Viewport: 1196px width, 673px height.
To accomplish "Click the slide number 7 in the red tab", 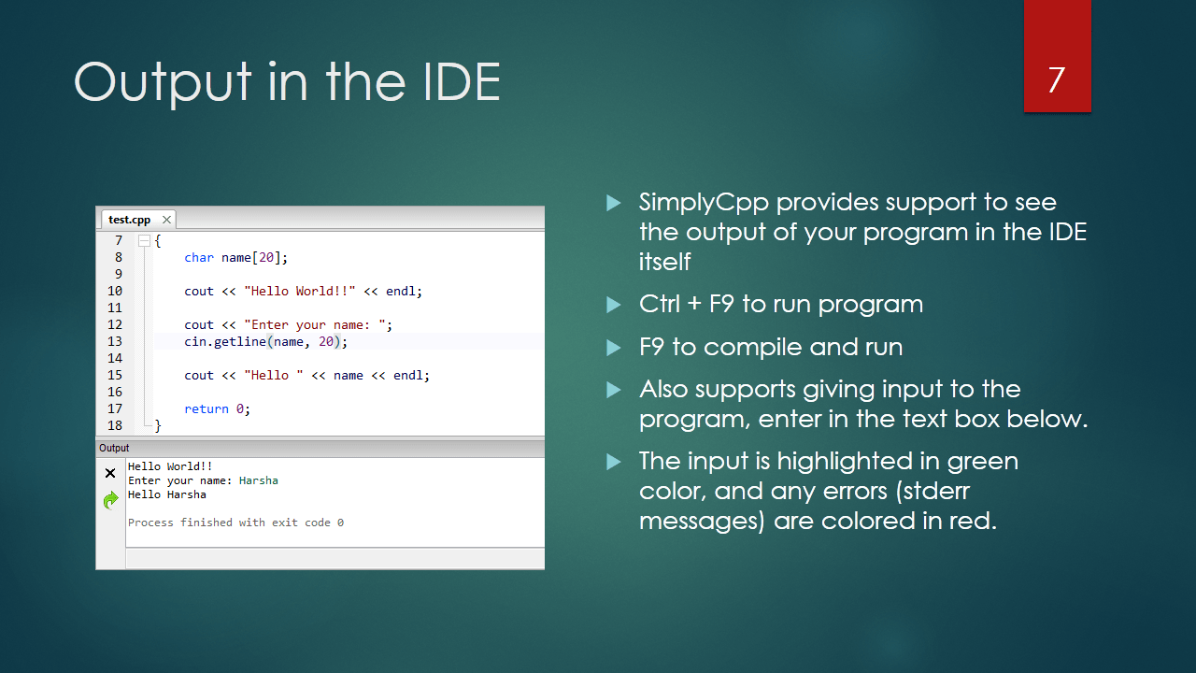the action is (1057, 80).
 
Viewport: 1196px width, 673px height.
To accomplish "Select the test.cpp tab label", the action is (129, 220).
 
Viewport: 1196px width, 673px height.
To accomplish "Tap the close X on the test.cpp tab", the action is (166, 220).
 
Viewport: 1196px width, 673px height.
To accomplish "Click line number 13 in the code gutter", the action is (115, 341).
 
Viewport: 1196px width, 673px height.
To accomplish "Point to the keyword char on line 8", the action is (199, 257).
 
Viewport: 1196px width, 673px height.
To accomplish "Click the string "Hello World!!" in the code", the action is (300, 291).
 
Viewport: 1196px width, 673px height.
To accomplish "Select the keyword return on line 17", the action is (206, 408).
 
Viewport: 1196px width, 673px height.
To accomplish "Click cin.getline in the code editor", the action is (225, 341).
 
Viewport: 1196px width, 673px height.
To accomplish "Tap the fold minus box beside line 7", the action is (144, 241).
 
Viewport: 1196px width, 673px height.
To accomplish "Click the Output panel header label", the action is (114, 448).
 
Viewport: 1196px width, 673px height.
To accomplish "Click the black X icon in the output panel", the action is (110, 473).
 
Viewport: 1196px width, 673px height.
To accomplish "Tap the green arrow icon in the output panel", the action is (110, 500).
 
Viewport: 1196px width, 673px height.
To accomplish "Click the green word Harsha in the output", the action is (259, 480).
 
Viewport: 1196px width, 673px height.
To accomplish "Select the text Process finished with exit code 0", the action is (235, 523).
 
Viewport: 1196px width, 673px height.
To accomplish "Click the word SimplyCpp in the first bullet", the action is (704, 203).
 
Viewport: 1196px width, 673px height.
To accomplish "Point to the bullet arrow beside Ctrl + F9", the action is (614, 305).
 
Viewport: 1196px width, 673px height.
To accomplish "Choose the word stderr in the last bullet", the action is (936, 491).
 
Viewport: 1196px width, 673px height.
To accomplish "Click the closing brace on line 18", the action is (158, 425).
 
